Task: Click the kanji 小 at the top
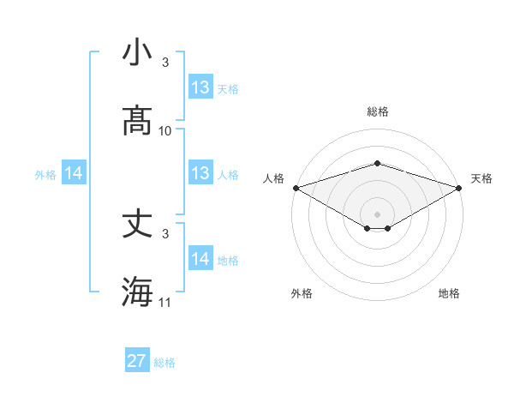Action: (x=137, y=53)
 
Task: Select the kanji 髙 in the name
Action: (x=137, y=121)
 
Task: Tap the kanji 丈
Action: (x=137, y=224)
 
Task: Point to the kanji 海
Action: (x=137, y=292)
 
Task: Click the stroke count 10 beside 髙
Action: (x=165, y=131)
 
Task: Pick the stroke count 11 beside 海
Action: (x=165, y=303)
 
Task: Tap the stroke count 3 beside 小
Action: (x=165, y=63)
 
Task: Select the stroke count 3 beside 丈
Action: (x=165, y=233)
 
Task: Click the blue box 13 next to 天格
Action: (x=200, y=87)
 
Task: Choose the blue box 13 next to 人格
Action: (x=200, y=173)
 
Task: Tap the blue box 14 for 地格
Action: (x=200, y=259)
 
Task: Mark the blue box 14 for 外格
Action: (x=74, y=173)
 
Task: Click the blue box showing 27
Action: (x=137, y=361)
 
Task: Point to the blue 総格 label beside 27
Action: (x=164, y=363)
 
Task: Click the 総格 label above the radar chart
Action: (x=377, y=111)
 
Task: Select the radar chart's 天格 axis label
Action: (x=481, y=178)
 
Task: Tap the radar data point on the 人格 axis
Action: (x=296, y=187)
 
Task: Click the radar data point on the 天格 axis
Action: (x=458, y=187)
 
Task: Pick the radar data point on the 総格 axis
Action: (x=377, y=163)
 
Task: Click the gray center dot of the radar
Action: (x=377, y=214)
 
